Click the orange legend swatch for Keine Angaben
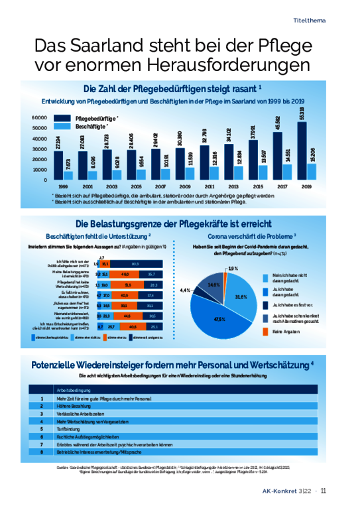[x=267, y=330]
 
